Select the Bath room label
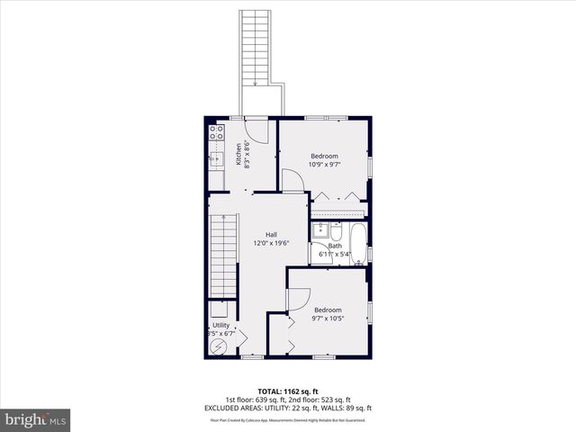(x=335, y=246)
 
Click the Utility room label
(x=220, y=325)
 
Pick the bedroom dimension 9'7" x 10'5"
(x=328, y=318)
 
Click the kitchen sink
(x=215, y=160)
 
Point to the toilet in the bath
(x=321, y=253)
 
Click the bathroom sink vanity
(x=320, y=230)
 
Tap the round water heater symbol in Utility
(x=217, y=347)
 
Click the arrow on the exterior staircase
(x=257, y=84)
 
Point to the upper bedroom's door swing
(x=292, y=181)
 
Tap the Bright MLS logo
(x=35, y=419)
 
